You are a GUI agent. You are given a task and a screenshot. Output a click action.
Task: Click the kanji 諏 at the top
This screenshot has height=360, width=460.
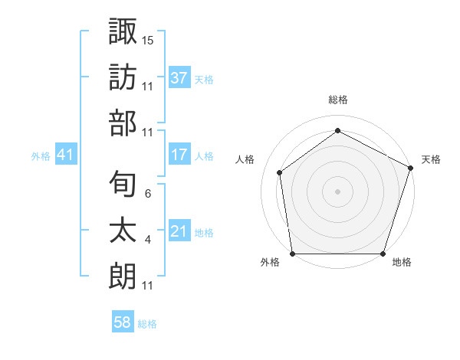[x=123, y=32]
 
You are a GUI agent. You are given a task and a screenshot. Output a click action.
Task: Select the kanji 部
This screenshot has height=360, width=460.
[x=123, y=123]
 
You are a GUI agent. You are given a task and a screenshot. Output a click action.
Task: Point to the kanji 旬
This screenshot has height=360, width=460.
[x=123, y=185]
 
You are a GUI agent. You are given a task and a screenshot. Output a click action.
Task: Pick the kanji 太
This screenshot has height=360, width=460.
[x=123, y=231]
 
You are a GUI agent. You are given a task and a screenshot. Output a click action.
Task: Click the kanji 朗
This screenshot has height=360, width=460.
[x=123, y=276]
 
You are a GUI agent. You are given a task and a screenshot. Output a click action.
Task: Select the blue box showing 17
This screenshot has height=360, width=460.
[x=179, y=155]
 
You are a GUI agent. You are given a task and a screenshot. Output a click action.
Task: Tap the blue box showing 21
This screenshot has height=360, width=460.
[x=179, y=231]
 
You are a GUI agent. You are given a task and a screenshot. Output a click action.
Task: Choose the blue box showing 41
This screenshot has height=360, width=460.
[x=66, y=155]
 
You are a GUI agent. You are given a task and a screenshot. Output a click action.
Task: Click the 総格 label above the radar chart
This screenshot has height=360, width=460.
[x=337, y=100]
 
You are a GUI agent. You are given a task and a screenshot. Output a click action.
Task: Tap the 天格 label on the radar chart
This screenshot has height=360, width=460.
[x=432, y=159]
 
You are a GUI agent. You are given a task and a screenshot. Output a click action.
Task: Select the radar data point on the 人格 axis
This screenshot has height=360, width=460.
[x=280, y=172]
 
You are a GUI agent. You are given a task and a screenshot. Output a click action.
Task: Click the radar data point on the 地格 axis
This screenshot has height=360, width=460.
[x=383, y=254]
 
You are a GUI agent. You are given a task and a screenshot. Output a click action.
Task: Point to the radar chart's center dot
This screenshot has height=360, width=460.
[x=337, y=191]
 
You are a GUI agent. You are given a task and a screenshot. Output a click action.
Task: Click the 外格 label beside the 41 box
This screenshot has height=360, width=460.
[x=41, y=155]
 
